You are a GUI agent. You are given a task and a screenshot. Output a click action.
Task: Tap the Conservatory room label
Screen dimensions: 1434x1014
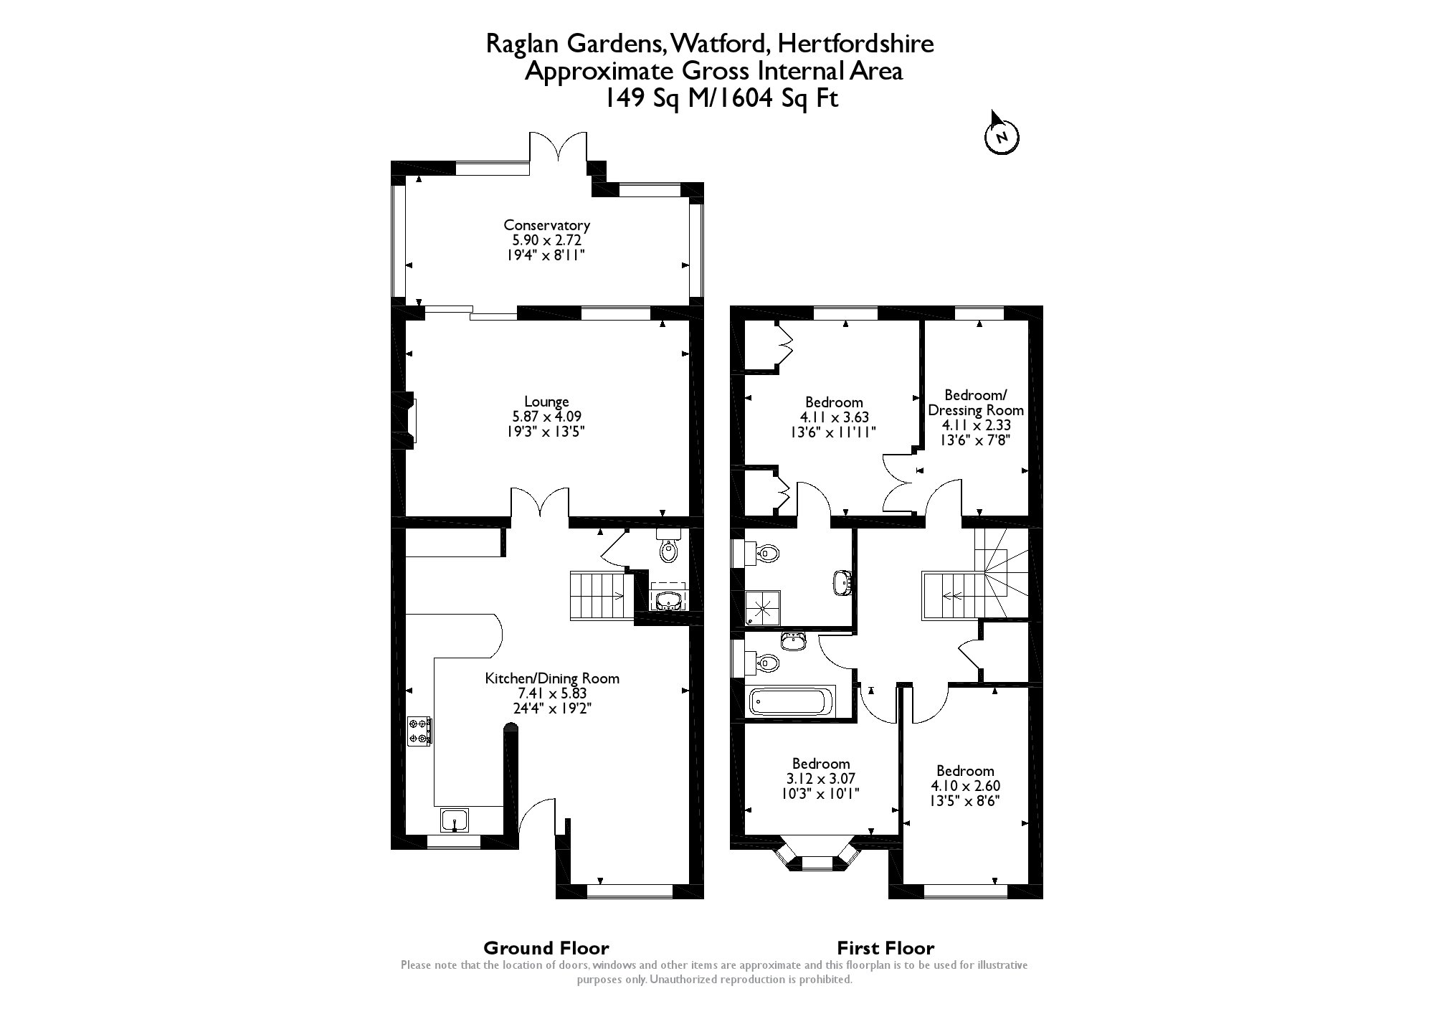[546, 224]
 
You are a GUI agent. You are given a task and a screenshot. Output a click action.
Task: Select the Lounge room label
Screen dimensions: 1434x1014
[546, 402]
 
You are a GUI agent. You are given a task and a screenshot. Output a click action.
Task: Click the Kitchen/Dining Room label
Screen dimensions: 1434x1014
[552, 678]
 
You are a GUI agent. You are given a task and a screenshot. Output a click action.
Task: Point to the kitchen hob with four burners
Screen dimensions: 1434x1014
[419, 731]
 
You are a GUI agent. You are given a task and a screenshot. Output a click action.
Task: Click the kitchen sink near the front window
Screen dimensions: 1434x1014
[455, 820]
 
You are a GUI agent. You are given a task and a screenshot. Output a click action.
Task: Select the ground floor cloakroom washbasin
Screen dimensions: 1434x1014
[668, 600]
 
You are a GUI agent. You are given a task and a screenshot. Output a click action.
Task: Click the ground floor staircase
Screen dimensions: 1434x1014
[598, 594]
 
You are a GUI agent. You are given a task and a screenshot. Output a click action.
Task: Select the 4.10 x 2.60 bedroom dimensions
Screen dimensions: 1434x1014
[965, 786]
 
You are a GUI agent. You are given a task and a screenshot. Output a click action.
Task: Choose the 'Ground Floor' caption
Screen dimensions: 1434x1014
[546, 948]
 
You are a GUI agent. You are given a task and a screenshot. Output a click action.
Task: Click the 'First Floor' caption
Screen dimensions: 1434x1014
[887, 948]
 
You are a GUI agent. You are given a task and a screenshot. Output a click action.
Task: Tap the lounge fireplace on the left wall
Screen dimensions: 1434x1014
[410, 420]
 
